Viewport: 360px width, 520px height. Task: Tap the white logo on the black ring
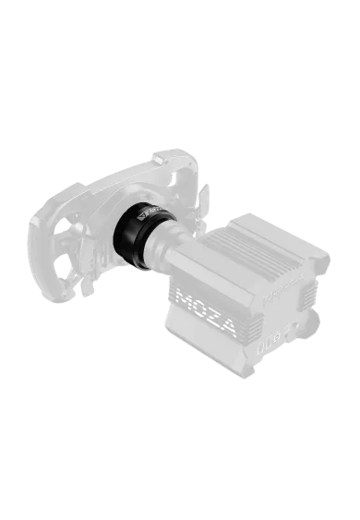point(148,216)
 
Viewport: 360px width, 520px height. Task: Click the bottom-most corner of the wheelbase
point(241,379)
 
